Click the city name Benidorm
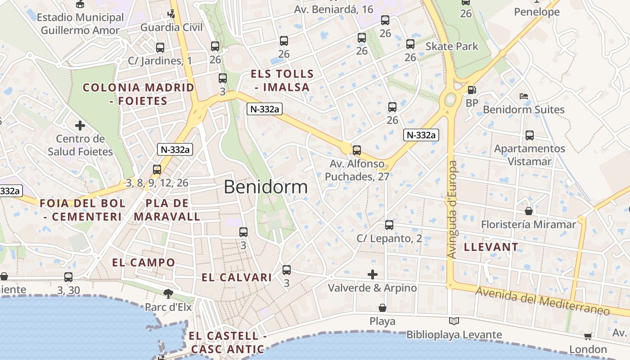point(265,187)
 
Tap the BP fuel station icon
point(472,90)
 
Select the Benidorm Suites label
point(523,109)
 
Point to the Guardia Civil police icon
point(171,13)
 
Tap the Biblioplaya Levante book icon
point(454,321)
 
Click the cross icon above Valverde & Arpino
point(373,274)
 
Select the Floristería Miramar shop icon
point(529,211)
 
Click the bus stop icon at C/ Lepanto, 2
point(389,225)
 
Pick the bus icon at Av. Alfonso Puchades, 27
point(357,150)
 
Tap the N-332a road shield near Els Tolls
point(264,109)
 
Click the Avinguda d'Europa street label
point(452,210)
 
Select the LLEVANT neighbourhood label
point(491,247)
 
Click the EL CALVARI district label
point(236,277)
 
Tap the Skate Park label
point(452,46)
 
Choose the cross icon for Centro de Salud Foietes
point(80,125)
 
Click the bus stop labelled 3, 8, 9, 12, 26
point(157,170)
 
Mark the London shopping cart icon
point(588,336)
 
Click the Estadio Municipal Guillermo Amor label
point(80,24)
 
